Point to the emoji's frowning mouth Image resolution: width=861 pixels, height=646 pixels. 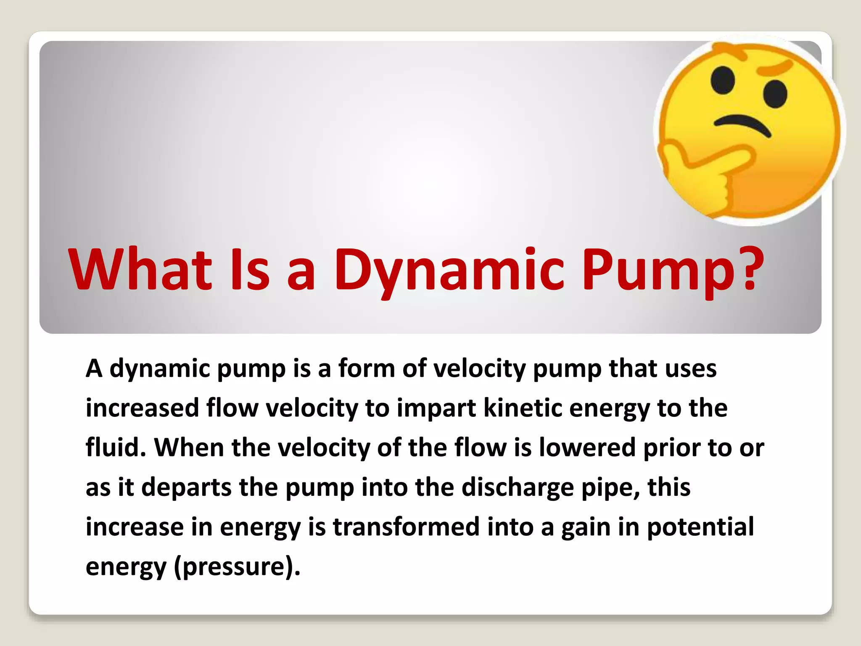(x=742, y=125)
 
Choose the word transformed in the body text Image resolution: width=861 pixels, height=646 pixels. (x=406, y=527)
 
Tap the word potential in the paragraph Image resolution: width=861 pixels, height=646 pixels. (x=700, y=527)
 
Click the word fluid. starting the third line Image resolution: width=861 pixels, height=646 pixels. (x=116, y=447)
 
